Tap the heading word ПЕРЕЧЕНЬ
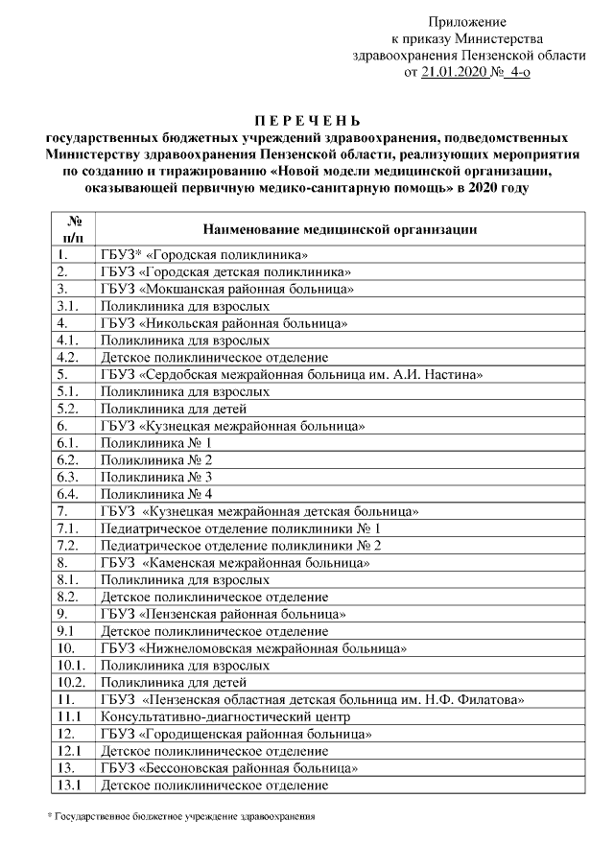pyautogui.click(x=307, y=121)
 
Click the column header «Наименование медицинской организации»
pyautogui.click(x=342, y=230)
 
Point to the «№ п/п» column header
pyautogui.click(x=73, y=229)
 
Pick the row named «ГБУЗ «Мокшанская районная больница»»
pyautogui.click(x=227, y=289)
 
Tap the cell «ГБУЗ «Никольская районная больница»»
pyautogui.click(x=224, y=323)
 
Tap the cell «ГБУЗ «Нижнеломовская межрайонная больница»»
pyautogui.click(x=253, y=648)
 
